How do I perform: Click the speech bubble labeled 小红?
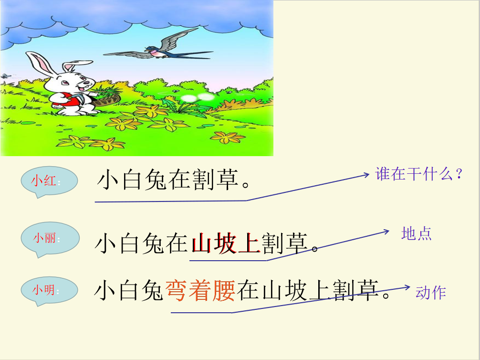pos(49,181)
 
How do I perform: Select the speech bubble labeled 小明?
pos(49,290)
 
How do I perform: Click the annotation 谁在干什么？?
pos(418,174)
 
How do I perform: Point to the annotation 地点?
pos(417,234)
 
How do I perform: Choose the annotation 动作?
pos(430,293)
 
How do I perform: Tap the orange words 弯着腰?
pos(200,290)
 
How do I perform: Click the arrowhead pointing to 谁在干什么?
pos(366,175)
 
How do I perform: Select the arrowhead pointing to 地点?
pos(386,232)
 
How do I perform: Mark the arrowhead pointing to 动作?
pos(407,287)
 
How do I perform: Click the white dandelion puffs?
pos(198,97)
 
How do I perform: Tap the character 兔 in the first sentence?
pos(156,180)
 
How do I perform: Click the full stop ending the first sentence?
pos(246,185)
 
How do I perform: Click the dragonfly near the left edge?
pos(6,76)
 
